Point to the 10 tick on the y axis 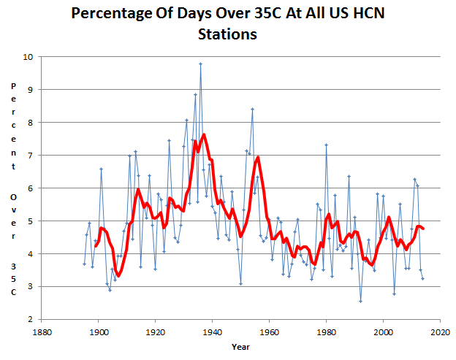[28, 57]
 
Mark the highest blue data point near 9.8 [200, 64]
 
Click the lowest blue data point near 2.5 [360, 301]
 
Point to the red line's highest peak [204, 134]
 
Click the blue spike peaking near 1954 [252, 109]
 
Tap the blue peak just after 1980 [326, 145]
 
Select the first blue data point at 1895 [84, 264]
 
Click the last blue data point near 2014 [423, 278]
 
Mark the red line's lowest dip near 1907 [118, 277]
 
